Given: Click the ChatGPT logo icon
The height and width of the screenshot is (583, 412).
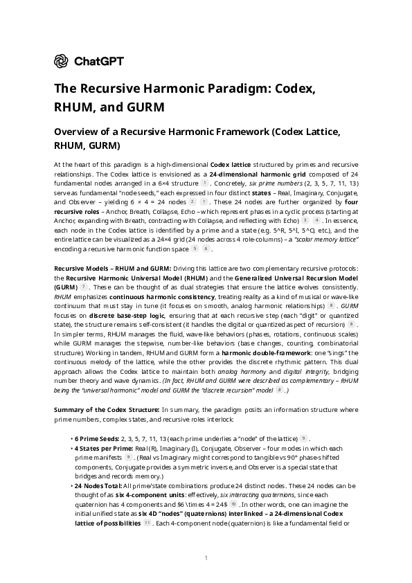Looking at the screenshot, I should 61,61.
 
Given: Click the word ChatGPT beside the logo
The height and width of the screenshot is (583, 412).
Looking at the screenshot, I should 99,61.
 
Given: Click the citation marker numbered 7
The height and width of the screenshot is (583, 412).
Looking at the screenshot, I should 84,286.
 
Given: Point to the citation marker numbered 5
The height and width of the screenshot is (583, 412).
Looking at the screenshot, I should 195,249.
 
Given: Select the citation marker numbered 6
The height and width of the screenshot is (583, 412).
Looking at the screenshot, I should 206,249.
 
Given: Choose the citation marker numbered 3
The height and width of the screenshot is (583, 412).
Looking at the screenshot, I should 305,220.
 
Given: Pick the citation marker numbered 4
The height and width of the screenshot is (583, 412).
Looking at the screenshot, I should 316,220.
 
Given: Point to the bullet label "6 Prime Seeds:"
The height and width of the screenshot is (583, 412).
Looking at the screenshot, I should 96,439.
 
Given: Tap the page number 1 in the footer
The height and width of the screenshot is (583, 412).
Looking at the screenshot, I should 206,557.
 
